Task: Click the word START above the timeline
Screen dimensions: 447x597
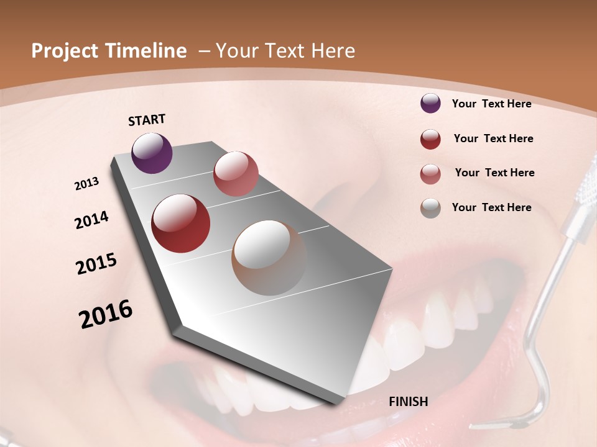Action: (x=147, y=120)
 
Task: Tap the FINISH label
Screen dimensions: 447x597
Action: (x=409, y=402)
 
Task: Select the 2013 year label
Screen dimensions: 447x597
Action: (x=86, y=184)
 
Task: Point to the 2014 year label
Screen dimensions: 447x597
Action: (x=91, y=220)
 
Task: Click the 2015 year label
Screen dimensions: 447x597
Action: (x=96, y=264)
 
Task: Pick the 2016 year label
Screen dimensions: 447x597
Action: (x=106, y=314)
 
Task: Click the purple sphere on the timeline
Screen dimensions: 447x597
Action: (x=152, y=153)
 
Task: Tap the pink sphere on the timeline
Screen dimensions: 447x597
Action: (x=236, y=173)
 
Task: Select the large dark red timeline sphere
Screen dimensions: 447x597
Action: (x=181, y=223)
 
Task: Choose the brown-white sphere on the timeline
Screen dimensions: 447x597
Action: (x=269, y=258)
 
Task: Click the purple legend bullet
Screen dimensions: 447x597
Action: (x=430, y=103)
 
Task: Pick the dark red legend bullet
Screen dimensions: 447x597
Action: (x=430, y=139)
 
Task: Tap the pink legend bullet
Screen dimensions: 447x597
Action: (x=430, y=174)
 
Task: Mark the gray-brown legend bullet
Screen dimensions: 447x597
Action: (x=430, y=208)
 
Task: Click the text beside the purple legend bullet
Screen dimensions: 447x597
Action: (x=491, y=104)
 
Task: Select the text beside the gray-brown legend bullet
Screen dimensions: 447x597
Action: (x=491, y=207)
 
